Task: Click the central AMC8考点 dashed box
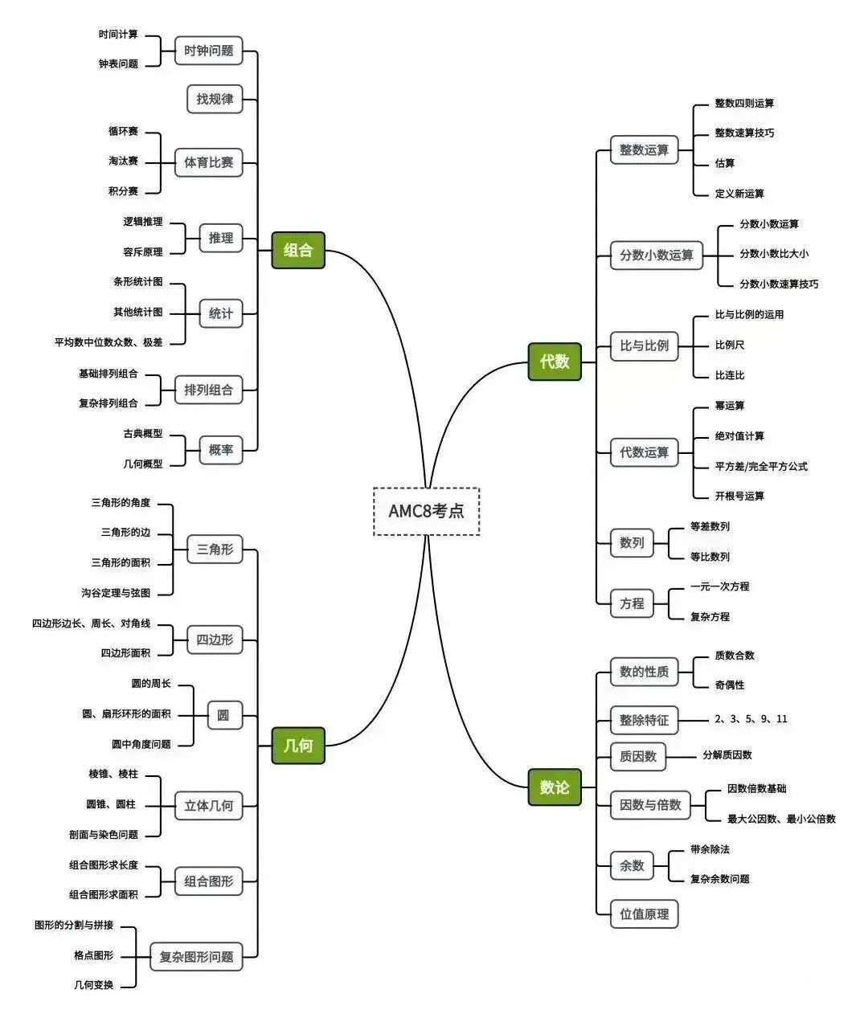pos(426,511)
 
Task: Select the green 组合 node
pos(298,250)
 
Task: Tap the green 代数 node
pos(555,362)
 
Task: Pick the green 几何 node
pos(298,745)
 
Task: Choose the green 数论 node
pos(555,787)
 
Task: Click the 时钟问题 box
pos(208,51)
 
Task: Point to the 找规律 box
pos(215,99)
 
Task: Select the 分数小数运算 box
pos(656,255)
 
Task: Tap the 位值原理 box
pos(644,914)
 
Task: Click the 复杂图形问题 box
pos(196,956)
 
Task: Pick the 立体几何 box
pos(208,805)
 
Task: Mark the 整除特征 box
pos(644,720)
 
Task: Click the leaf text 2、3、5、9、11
pos(751,719)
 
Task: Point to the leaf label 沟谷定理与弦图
pos(116,593)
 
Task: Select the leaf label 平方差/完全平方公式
pos(761,466)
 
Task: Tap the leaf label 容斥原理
pos(143,251)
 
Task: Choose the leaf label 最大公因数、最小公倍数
pos(781,819)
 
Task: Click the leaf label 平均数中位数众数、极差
pos(108,342)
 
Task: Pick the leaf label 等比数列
pos(710,556)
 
